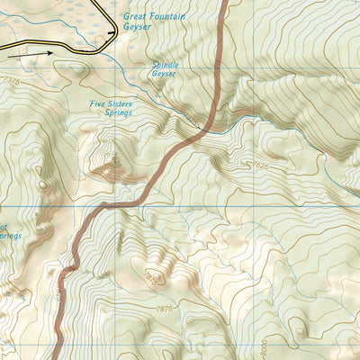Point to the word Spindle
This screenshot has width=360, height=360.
click(166, 66)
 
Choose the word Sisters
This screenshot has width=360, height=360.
click(121, 104)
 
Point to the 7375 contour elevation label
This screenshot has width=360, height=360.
click(10, 80)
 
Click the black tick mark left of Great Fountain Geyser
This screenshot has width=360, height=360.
click(112, 32)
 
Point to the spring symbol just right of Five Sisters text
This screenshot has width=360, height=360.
click(136, 94)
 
